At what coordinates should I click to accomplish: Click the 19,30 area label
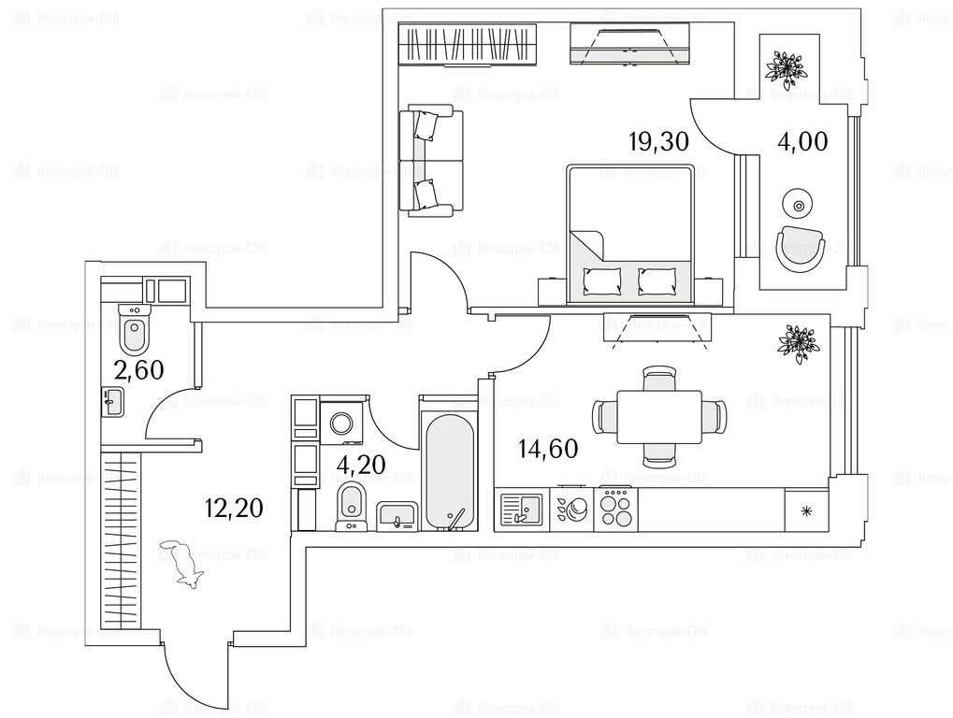(658, 142)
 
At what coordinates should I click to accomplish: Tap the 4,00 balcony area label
(803, 142)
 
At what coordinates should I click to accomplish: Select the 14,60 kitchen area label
(548, 449)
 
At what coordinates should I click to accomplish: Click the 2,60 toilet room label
(139, 369)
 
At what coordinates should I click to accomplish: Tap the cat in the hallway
(184, 563)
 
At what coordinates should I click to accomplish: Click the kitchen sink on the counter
(522, 512)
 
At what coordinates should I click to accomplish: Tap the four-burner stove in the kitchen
(617, 510)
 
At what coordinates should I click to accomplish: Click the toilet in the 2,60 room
(135, 329)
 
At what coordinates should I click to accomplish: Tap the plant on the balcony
(784, 68)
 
